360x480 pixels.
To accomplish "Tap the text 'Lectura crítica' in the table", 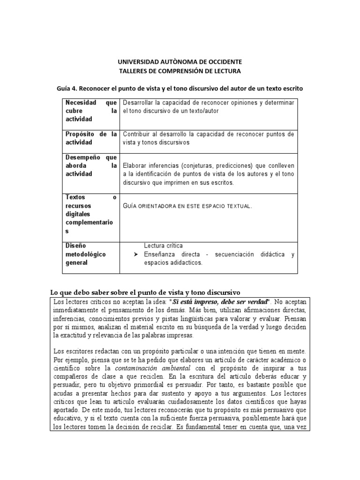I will [163, 246].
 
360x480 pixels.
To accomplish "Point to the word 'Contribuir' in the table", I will [138, 134].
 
